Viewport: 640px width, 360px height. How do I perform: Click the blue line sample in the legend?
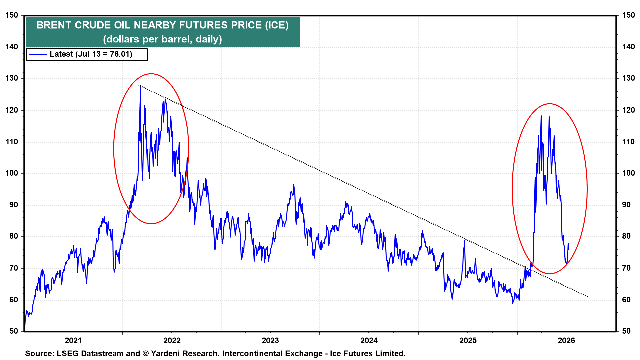pyautogui.click(x=37, y=54)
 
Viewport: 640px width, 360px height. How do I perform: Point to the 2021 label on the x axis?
pyautogui.click(x=73, y=340)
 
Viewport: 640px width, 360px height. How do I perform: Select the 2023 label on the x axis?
pyautogui.click(x=270, y=340)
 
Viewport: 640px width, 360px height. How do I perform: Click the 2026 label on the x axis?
pyautogui.click(x=566, y=340)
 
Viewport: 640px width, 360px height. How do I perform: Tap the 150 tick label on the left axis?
pyautogui.click(x=11, y=15)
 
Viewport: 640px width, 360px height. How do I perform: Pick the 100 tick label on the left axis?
pyautogui.click(x=11, y=173)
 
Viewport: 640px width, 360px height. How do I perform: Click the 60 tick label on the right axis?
pyautogui.click(x=626, y=300)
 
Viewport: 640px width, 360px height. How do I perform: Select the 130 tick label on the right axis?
pyautogui.click(x=628, y=78)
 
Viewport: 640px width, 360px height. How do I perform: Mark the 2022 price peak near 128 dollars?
pyautogui.click(x=140, y=86)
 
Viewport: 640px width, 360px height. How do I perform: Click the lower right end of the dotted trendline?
pyautogui.click(x=587, y=297)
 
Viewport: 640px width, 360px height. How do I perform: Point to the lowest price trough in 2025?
pyautogui.click(x=513, y=303)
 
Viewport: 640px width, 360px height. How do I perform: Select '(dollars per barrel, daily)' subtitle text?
pyautogui.click(x=162, y=39)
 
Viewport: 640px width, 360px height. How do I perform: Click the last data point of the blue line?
pyautogui.click(x=569, y=249)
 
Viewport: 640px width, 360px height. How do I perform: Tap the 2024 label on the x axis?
pyautogui.click(x=369, y=340)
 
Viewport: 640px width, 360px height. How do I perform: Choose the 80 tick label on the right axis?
pyautogui.click(x=626, y=236)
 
